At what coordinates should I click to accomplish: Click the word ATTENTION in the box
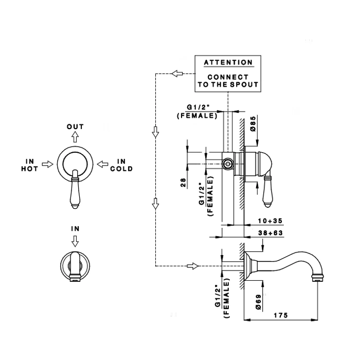tap(228, 63)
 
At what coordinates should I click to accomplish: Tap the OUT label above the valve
tap(75, 127)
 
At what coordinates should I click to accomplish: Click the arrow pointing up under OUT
tap(75, 137)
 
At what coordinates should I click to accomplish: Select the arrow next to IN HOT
tap(47, 164)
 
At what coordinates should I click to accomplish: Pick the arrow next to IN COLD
tap(103, 164)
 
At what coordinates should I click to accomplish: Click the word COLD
tap(121, 168)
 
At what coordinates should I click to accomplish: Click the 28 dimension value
tap(184, 183)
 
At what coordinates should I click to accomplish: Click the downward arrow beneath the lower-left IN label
tap(75, 240)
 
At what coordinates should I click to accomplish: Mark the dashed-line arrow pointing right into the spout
tap(192, 266)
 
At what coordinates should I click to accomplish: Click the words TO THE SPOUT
tap(228, 84)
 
